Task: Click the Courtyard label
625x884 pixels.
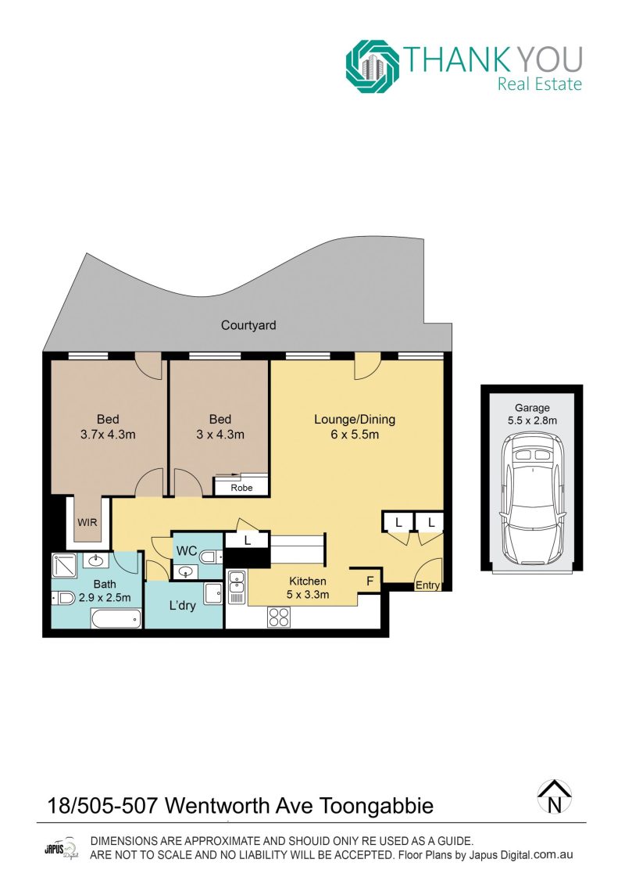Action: (x=248, y=325)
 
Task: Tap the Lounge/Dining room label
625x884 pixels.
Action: (x=355, y=420)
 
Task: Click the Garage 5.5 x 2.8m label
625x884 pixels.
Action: (x=532, y=413)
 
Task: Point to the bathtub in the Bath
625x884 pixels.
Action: (x=116, y=620)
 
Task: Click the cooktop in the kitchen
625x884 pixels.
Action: (x=279, y=617)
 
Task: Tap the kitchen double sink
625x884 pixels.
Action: (x=237, y=587)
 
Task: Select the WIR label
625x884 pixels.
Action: (x=87, y=522)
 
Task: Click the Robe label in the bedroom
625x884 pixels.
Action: (x=241, y=488)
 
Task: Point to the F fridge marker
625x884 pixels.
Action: (x=370, y=580)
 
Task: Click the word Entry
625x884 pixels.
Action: (x=427, y=585)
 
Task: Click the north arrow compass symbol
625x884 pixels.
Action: (x=555, y=796)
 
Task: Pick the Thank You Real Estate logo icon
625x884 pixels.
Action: (x=373, y=66)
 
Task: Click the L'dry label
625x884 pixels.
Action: (x=183, y=606)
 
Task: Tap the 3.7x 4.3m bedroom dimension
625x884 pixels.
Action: (x=108, y=435)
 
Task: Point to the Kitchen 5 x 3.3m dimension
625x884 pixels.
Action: (x=308, y=594)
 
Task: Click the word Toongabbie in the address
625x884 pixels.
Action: (x=377, y=806)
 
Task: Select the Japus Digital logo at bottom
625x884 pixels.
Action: (x=61, y=849)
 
